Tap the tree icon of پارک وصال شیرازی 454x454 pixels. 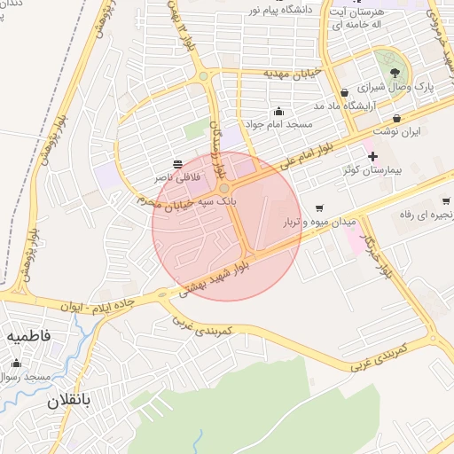[395, 73]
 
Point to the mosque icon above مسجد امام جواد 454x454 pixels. [279, 112]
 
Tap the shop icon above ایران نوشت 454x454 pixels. [396, 118]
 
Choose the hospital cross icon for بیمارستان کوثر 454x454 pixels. [372, 156]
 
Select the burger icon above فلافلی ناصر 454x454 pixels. [177, 164]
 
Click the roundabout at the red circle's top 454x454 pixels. [224, 188]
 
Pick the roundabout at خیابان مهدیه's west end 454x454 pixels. [203, 76]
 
